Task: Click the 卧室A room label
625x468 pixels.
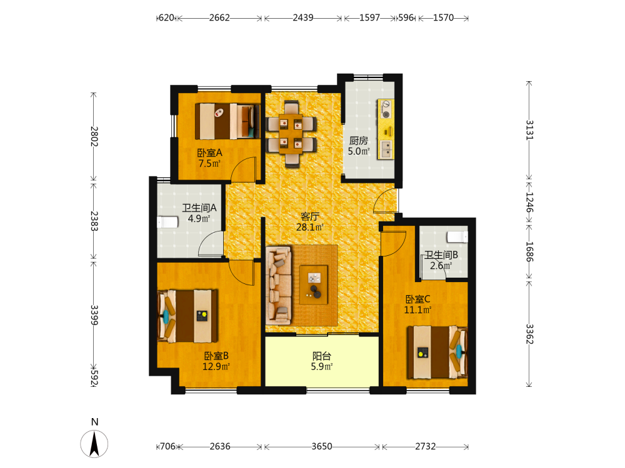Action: [x=209, y=153]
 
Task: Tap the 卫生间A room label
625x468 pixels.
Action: [x=199, y=208]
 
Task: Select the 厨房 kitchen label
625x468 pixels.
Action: [x=358, y=140]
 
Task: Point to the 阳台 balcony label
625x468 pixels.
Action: [x=322, y=356]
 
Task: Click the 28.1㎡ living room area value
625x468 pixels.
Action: [x=309, y=227]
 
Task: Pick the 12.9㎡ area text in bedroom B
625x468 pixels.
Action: [x=216, y=366]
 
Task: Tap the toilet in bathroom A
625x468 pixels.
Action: [x=167, y=222]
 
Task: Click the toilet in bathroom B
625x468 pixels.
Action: [x=457, y=236]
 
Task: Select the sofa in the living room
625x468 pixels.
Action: [x=279, y=284]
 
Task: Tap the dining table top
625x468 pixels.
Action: [x=291, y=134]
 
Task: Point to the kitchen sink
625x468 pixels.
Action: [x=386, y=150]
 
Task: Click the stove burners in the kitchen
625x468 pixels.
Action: [x=386, y=109]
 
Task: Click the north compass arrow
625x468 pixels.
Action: [x=94, y=444]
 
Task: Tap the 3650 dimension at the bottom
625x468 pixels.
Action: [x=322, y=447]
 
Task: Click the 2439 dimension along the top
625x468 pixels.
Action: [x=303, y=18]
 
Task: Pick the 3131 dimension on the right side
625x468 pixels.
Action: [x=529, y=130]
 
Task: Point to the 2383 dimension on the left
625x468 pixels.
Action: [x=94, y=221]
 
